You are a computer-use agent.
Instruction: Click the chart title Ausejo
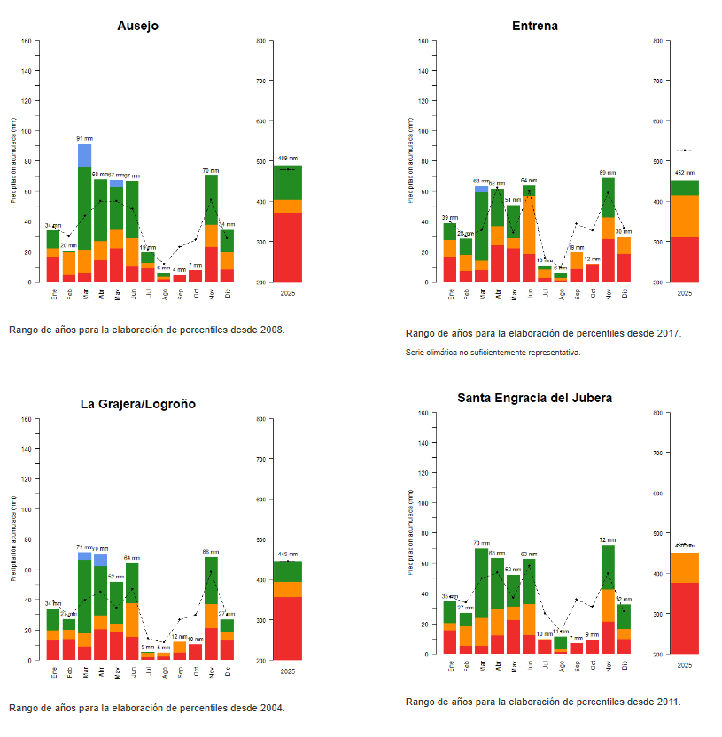[x=137, y=26]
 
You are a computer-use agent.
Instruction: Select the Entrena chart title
[x=534, y=26]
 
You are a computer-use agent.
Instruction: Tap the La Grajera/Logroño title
[x=137, y=404]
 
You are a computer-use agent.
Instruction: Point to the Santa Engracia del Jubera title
[x=534, y=398]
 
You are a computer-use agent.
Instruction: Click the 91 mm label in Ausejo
[x=85, y=139]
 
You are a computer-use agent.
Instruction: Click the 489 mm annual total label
[x=288, y=159]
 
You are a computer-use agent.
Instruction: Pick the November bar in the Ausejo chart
[x=211, y=230]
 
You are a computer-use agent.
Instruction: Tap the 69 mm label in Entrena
[x=608, y=173]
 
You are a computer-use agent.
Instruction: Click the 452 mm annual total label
[x=685, y=174]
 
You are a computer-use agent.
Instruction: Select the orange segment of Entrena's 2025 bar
[x=685, y=215]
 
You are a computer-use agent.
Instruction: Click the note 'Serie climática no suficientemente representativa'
[x=493, y=353]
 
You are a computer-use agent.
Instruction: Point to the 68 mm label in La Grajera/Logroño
[x=211, y=552]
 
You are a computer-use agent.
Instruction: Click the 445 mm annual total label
[x=288, y=555]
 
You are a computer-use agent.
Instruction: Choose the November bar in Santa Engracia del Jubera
[x=608, y=602]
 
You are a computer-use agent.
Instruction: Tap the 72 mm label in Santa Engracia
[x=608, y=539]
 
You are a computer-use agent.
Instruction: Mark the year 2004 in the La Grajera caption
[x=272, y=708]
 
